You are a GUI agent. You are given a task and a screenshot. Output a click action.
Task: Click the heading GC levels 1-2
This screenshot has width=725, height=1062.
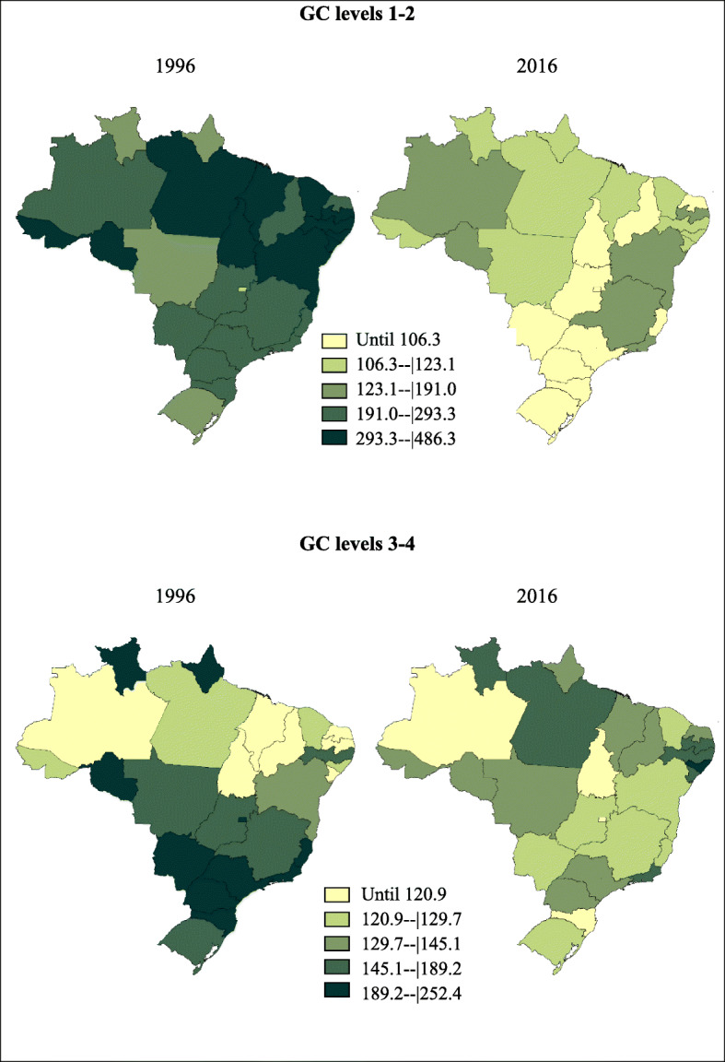point(362,12)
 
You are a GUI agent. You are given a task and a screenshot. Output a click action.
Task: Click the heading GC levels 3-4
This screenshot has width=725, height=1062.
point(362,543)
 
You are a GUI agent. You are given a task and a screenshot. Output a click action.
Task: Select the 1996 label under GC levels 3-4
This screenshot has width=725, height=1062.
point(175,596)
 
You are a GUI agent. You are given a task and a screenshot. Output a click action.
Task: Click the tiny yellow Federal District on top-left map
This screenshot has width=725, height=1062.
point(242,289)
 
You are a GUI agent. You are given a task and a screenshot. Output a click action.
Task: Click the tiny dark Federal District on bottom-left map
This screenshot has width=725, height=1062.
point(242,819)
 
